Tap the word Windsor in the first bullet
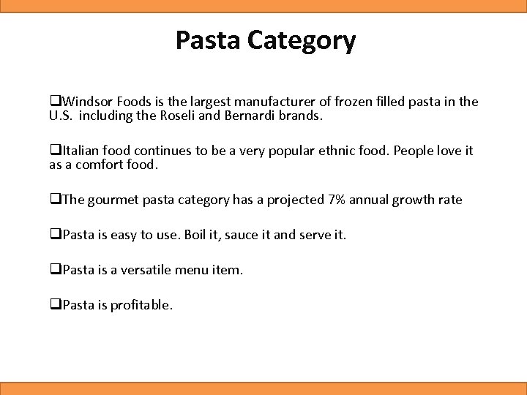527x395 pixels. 85,102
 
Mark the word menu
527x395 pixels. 190,270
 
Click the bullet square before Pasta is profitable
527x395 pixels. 55,305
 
